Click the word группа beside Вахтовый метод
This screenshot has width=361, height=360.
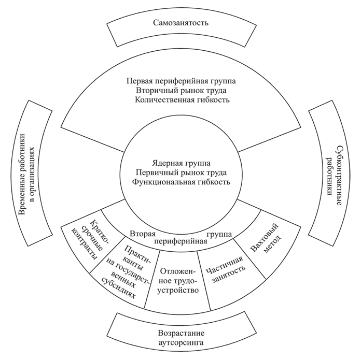coord(218,234)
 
